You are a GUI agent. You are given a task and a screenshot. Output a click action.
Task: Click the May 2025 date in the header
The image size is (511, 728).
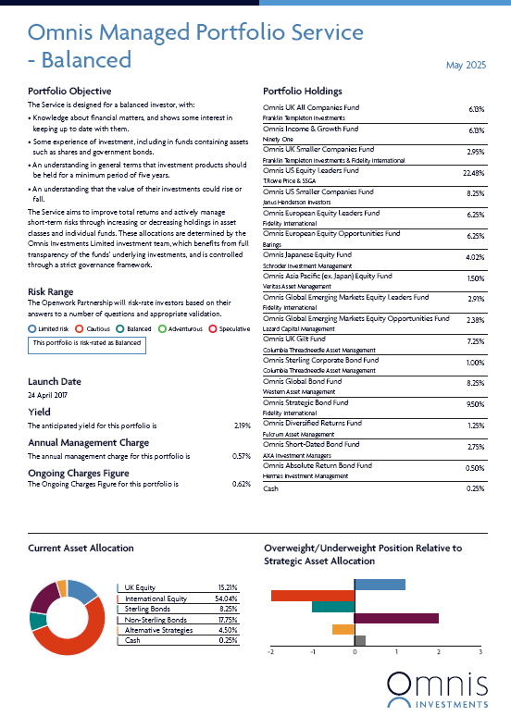[466, 65]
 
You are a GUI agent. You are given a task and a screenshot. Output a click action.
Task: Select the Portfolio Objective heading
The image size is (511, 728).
[69, 91]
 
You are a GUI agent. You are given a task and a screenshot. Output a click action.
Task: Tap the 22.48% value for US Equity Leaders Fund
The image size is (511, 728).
[474, 173]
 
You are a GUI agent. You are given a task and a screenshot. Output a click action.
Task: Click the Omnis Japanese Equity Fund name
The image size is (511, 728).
[307, 255]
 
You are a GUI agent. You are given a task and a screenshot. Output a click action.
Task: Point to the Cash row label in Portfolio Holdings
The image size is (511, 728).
[270, 488]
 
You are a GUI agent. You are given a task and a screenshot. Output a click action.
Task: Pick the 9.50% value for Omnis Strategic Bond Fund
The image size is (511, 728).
[475, 404]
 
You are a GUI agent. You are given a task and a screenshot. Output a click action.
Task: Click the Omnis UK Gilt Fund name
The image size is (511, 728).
[294, 339]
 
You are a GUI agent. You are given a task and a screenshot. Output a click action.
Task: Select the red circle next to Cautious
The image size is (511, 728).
[79, 328]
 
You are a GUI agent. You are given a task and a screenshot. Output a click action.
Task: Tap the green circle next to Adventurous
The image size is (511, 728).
[162, 328]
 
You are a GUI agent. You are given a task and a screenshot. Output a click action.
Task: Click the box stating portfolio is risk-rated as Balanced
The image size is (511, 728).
[87, 345]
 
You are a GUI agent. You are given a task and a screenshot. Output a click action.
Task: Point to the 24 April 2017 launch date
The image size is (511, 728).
[47, 395]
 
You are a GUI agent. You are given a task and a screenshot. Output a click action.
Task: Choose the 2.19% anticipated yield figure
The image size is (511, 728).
[242, 426]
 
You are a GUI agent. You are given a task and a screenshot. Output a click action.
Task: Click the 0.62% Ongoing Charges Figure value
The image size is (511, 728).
[242, 484]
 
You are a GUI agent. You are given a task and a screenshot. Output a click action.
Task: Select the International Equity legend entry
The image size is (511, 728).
[156, 598]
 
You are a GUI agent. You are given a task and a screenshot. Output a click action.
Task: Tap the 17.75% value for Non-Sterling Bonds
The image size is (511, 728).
[228, 620]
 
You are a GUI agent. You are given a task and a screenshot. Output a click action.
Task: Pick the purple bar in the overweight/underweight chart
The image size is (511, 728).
[397, 618]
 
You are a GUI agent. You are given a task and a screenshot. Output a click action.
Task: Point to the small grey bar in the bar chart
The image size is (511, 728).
[360, 641]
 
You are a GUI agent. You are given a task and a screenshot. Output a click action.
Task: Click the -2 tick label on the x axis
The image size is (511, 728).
[270, 652]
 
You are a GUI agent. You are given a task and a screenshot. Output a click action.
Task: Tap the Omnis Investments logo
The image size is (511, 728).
[438, 690]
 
